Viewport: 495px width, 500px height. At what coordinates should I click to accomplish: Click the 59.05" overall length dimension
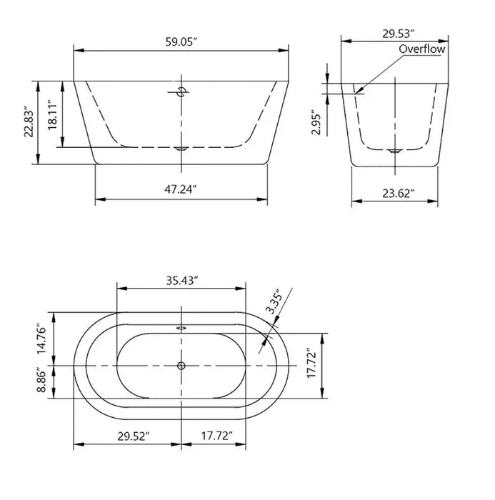181,41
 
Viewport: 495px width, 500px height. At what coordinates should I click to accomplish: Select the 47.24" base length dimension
181,189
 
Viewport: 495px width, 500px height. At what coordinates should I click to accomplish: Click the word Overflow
421,49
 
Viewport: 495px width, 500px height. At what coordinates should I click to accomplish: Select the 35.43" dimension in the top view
181,279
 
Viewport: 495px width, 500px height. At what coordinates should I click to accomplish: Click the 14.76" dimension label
42,339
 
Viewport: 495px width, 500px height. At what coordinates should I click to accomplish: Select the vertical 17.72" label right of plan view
309,364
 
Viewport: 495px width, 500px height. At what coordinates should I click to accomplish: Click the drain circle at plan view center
181,366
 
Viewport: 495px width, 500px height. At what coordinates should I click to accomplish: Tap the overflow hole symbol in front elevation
181,91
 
